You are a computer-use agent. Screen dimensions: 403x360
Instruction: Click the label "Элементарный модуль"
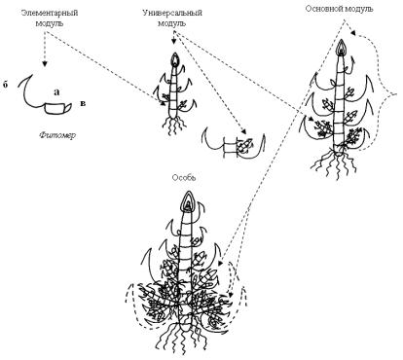coord(50,18)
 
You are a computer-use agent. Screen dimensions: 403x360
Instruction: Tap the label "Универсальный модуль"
coord(172,18)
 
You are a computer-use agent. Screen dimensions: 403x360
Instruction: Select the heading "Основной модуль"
coord(339,9)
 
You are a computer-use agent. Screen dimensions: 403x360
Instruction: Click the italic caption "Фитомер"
coord(57,134)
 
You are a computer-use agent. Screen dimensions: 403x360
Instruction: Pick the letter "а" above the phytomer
coord(56,92)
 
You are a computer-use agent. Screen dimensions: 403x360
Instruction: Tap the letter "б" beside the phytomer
coord(5,85)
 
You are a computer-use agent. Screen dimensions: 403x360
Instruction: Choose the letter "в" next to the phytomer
coord(83,103)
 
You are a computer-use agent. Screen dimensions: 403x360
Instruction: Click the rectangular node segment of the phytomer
coord(55,109)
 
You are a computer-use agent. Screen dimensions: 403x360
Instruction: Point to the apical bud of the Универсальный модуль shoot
coord(175,59)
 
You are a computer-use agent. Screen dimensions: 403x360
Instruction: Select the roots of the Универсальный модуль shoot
coord(174,126)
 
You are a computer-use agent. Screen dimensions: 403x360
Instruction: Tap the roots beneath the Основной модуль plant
coord(336,163)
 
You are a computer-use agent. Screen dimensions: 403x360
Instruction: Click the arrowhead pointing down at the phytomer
coord(45,64)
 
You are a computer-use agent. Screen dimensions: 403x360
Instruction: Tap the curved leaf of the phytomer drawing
coord(32,91)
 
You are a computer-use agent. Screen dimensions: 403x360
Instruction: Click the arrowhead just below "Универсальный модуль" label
coord(174,42)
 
